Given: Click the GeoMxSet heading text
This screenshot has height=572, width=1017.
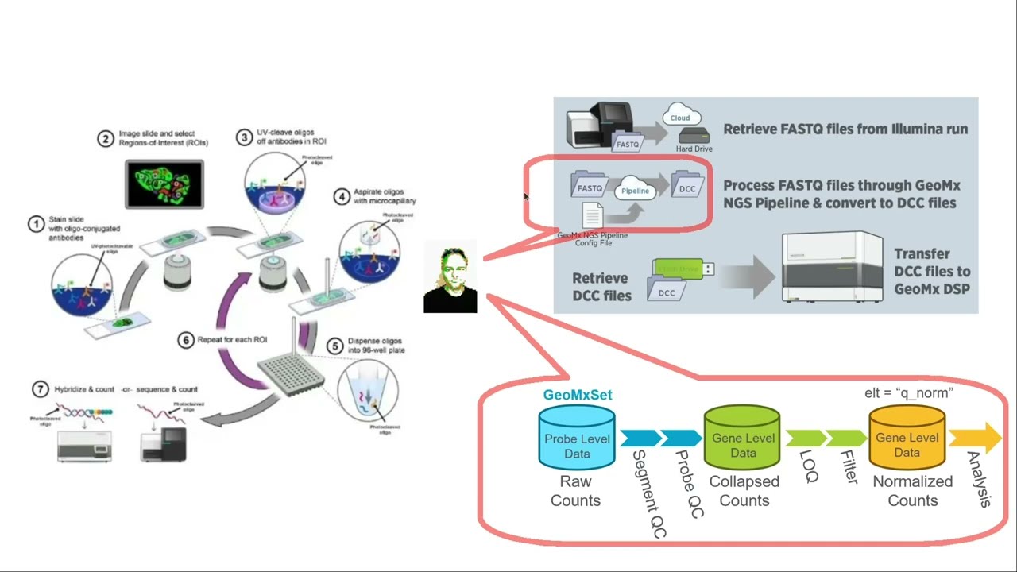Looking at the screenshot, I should click(578, 395).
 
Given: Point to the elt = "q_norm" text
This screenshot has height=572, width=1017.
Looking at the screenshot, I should click(908, 392).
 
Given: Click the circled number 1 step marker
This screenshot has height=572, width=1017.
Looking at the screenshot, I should click(36, 224).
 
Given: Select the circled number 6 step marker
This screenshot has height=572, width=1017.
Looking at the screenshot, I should click(186, 340).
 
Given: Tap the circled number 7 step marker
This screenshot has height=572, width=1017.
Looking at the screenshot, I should click(40, 389).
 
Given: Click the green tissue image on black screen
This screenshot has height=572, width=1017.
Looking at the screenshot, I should click(164, 184).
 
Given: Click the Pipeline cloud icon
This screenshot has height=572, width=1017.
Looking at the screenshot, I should click(635, 191).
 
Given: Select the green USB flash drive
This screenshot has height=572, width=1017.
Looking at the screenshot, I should click(683, 269).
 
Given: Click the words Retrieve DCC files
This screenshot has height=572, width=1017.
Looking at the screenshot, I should click(601, 287).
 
